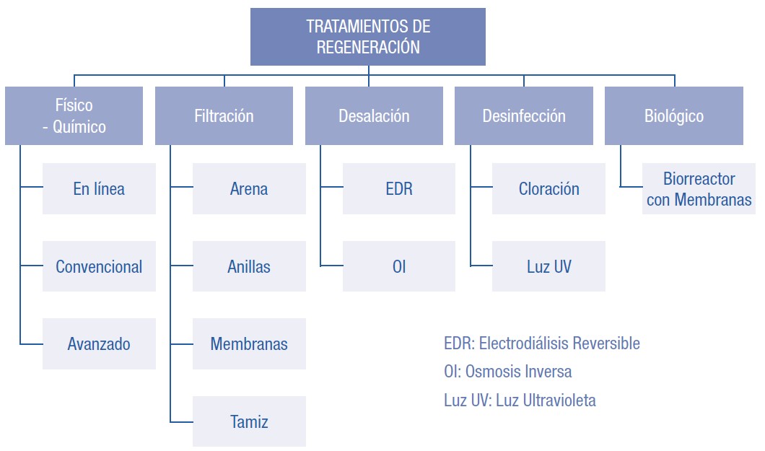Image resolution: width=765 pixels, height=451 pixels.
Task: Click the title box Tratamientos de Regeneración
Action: coord(368,37)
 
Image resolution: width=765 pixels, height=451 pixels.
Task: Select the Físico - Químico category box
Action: coord(74,115)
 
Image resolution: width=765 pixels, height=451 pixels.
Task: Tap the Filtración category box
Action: coord(224,115)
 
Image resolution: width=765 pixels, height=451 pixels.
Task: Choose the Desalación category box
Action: coord(374,115)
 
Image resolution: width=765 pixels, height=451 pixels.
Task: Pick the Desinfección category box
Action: coord(524,115)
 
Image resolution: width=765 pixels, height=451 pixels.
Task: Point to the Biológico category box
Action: coord(674,115)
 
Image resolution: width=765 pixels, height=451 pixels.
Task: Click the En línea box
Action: coord(99,189)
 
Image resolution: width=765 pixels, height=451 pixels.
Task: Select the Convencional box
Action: coord(99,266)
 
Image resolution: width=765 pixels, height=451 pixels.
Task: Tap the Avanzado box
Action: coord(99,344)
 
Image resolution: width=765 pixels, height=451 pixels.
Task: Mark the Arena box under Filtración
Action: coord(249,189)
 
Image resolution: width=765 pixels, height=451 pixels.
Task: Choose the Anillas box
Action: coord(249,266)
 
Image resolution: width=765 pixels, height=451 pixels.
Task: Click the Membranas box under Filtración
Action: coord(249,344)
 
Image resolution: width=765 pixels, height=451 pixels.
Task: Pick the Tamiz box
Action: coord(249,421)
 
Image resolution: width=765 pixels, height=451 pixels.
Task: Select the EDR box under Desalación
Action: coord(399,189)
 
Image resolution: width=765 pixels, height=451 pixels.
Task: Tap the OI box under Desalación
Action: coord(399,266)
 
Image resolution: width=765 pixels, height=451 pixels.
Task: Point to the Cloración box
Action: coord(548,189)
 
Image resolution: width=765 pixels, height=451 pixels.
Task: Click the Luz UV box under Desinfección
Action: coord(548,266)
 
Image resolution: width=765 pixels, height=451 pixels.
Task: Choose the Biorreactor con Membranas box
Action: coord(699,189)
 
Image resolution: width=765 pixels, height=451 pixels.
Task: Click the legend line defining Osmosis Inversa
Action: coord(508,372)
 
